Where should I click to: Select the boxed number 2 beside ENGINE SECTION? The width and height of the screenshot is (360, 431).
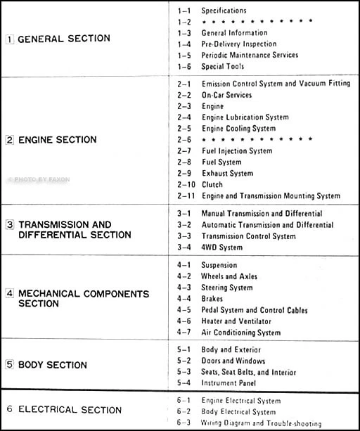click(9, 140)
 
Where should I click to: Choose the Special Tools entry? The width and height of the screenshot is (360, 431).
click(223, 66)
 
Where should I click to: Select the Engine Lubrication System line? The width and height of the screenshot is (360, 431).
click(245, 117)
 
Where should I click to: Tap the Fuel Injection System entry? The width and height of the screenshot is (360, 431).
click(237, 150)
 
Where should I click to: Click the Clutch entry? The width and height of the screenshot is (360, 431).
click(212, 184)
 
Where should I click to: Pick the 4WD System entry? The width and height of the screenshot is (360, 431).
click(221, 247)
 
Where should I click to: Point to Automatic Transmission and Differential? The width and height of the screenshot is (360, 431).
click(267, 225)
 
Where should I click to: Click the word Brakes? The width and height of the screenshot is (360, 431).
click(212, 299)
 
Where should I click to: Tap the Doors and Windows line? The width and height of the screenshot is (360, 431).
click(233, 361)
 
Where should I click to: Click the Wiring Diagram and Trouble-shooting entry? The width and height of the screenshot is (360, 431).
click(262, 424)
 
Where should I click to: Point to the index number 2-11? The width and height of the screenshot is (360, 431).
click(184, 195)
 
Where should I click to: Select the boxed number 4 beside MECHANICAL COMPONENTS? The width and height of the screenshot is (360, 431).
click(9, 293)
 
